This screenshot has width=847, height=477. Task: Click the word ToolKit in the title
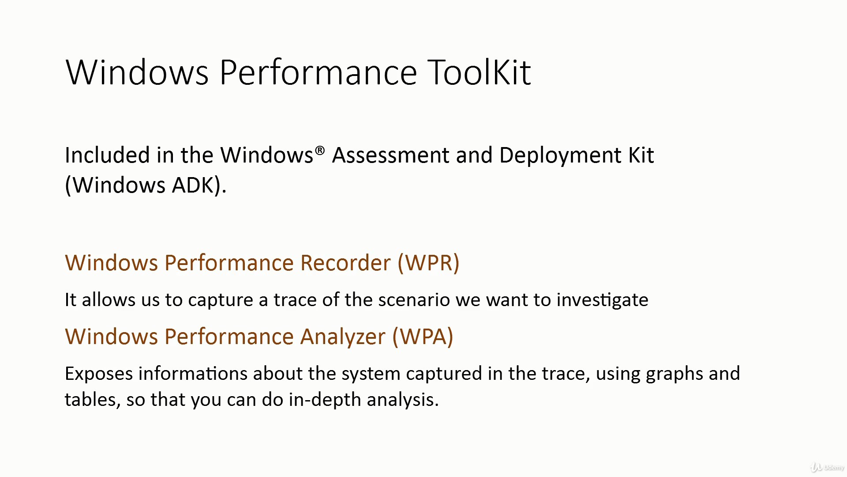click(480, 72)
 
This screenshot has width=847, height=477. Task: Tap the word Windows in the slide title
click(137, 72)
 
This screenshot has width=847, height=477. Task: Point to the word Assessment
click(391, 155)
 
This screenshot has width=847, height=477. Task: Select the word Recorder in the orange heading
click(345, 263)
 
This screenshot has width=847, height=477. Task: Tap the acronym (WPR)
click(428, 263)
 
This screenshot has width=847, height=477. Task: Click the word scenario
click(414, 300)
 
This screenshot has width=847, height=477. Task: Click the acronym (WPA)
click(423, 337)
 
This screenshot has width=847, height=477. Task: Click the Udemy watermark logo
click(827, 467)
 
